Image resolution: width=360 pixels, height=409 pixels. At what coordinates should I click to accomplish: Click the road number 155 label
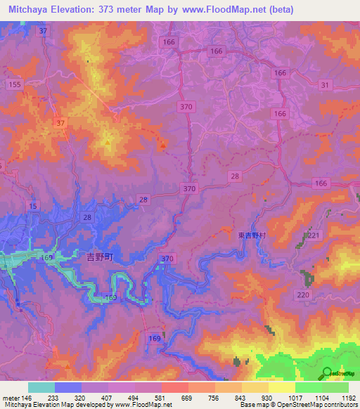(x=13, y=84)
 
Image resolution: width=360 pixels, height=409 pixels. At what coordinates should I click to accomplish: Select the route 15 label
(x=33, y=205)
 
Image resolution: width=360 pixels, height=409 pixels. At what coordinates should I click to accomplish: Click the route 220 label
(x=304, y=294)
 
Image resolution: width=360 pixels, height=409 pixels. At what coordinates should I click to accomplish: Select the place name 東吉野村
(x=251, y=237)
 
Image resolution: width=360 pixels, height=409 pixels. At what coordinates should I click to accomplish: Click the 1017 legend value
(x=279, y=397)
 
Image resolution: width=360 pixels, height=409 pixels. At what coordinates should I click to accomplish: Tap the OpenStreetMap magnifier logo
(x=327, y=373)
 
